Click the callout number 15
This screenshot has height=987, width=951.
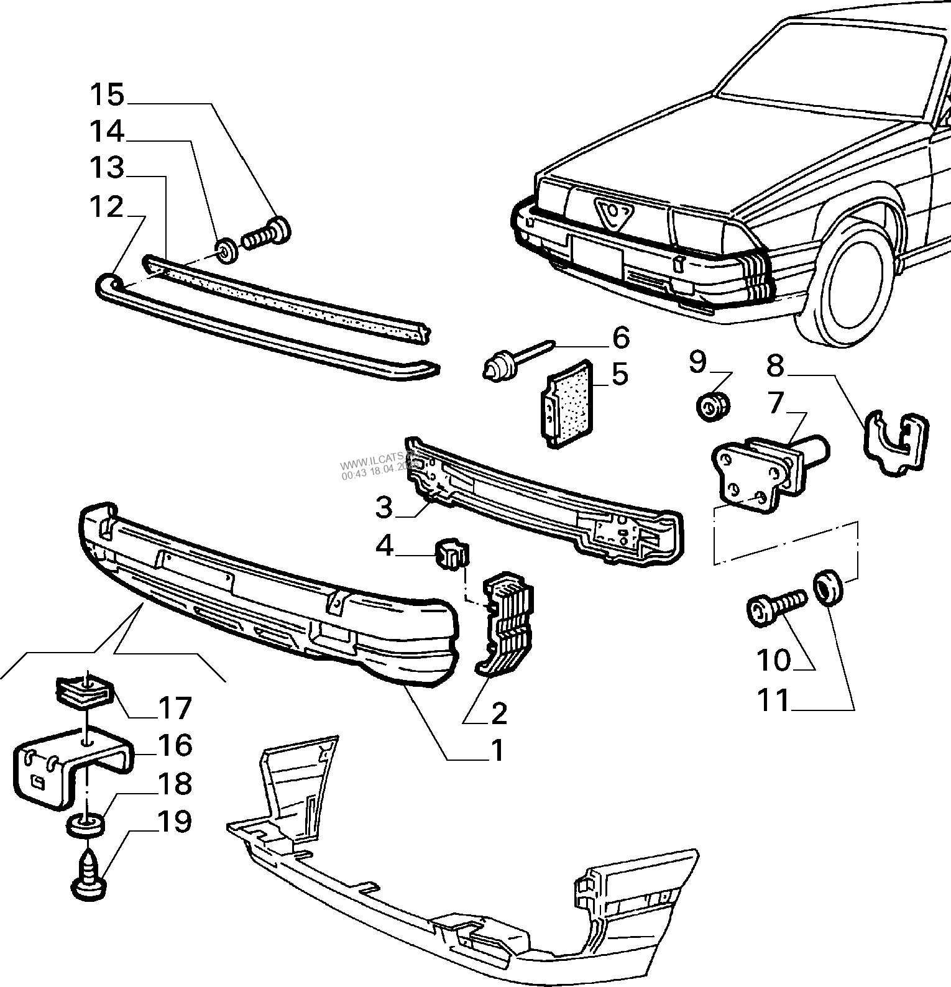[x=107, y=95]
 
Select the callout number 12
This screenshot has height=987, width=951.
[x=107, y=207]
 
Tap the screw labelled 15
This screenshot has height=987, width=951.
[x=268, y=234]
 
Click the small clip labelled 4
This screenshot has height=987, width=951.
[x=453, y=553]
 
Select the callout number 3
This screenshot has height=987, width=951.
[x=384, y=508]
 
